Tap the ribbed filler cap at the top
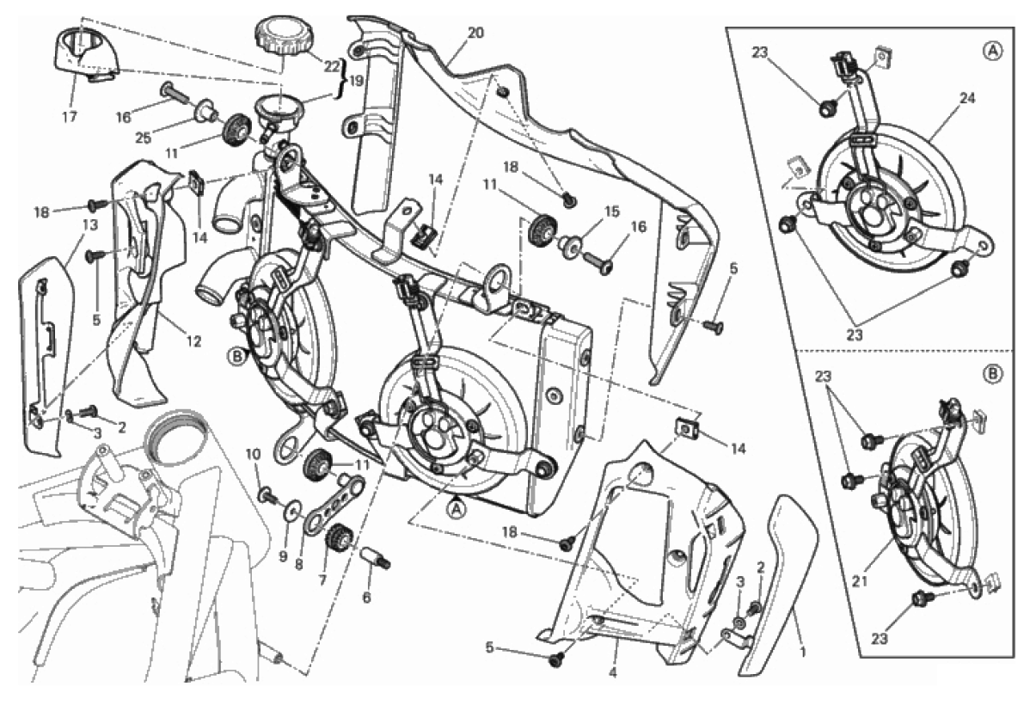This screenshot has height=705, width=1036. click(x=283, y=38)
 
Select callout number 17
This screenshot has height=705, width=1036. click(x=70, y=115)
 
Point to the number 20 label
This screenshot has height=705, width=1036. click(x=475, y=33)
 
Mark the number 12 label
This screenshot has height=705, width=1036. click(x=193, y=341)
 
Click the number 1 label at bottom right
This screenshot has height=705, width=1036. click(x=803, y=652)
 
